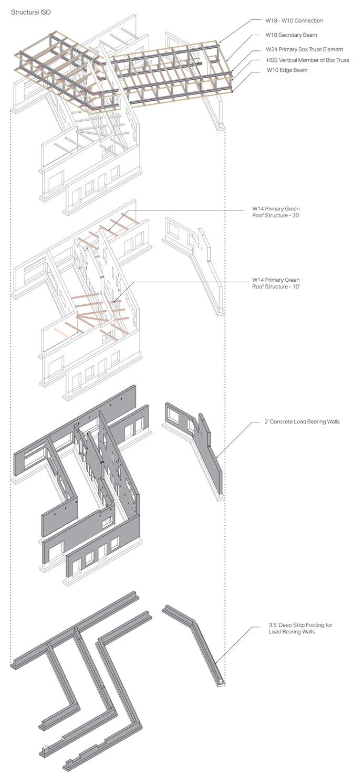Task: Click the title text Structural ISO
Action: pyautogui.click(x=31, y=12)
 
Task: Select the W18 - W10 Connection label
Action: pyautogui.click(x=294, y=21)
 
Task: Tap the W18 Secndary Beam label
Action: pyautogui.click(x=291, y=35)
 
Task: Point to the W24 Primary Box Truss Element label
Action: pyautogui.click(x=304, y=49)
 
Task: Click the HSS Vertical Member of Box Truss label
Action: pyautogui.click(x=308, y=60)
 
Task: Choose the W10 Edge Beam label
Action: pyautogui.click(x=286, y=70)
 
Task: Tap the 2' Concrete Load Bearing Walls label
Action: pyautogui.click(x=303, y=421)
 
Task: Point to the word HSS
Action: pyautogui.click(x=272, y=60)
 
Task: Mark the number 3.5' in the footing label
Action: pyautogui.click(x=273, y=625)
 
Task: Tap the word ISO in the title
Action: pyautogui.click(x=46, y=12)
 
